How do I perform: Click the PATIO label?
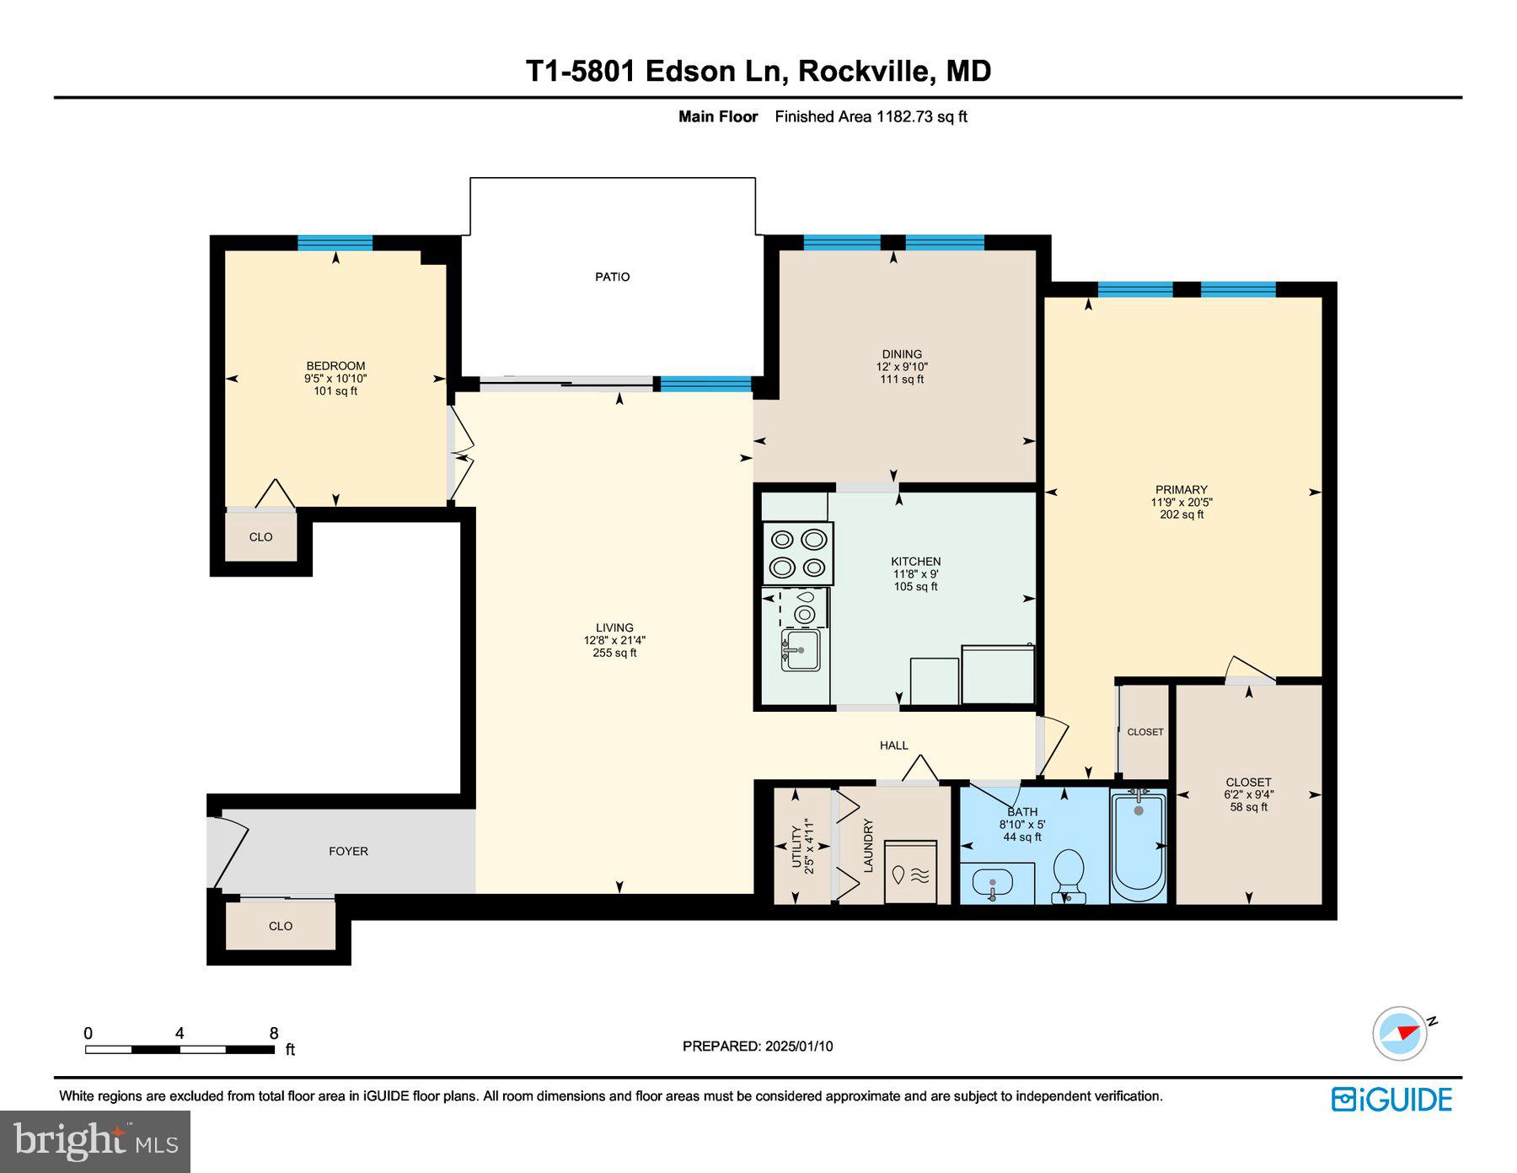[612, 277]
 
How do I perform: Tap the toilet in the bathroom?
[1069, 874]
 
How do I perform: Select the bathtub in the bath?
[1138, 846]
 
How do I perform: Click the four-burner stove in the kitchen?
[798, 553]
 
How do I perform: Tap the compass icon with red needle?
[1401, 1032]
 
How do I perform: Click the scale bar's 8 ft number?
[273, 1033]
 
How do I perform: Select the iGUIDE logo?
[1391, 1100]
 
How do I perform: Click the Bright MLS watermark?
[95, 1142]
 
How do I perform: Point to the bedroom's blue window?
[335, 243]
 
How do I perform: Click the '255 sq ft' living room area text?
[614, 653]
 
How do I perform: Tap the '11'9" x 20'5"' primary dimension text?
[1181, 502]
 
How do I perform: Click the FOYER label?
[348, 851]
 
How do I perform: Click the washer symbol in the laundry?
[910, 873]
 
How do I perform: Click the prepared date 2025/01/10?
[798, 1046]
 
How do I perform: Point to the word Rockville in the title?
[865, 71]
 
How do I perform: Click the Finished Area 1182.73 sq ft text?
[871, 117]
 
